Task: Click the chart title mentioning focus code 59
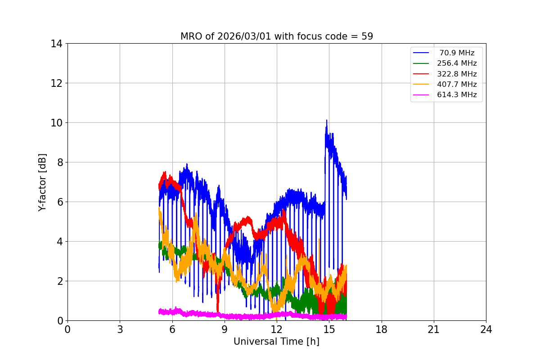pos(276,36)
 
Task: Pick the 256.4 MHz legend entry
pos(457,63)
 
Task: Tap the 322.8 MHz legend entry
pos(457,74)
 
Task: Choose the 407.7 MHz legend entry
pos(457,84)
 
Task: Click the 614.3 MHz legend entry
pos(457,94)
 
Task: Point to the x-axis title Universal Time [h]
pos(276,342)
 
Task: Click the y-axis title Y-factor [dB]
pos(42,182)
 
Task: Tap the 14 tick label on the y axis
pos(56,44)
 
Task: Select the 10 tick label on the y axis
pos(56,123)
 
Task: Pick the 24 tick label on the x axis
pos(486,329)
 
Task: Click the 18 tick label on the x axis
pos(382,329)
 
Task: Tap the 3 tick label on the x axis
pos(120,329)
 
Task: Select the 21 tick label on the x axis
pos(434,329)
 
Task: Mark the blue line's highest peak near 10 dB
pos(327,121)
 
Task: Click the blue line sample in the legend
pos(421,53)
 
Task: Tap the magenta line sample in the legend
pos(421,94)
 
